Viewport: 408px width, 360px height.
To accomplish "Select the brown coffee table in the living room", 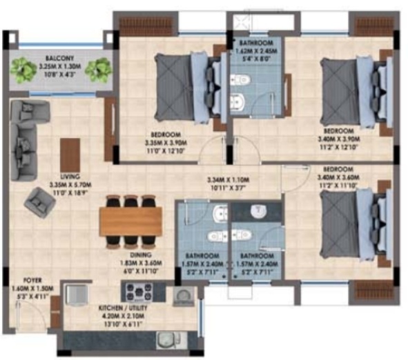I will [x=70, y=152].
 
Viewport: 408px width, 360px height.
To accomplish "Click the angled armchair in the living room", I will [x=37, y=203].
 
